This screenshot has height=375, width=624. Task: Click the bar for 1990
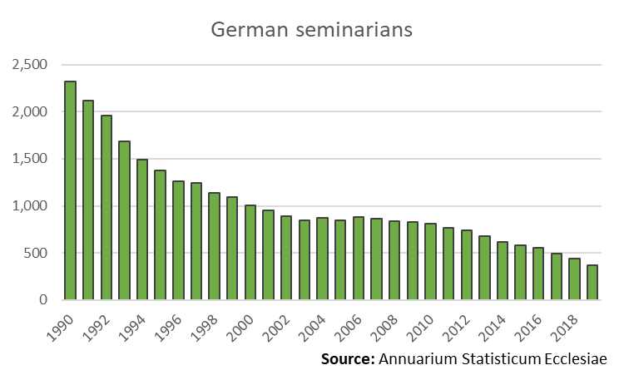pyautogui.click(x=70, y=190)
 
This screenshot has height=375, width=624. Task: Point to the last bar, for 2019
pyautogui.click(x=592, y=283)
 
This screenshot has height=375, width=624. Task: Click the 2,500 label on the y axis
pyautogui.click(x=30, y=65)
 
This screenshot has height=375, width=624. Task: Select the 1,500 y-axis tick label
pyautogui.click(x=30, y=159)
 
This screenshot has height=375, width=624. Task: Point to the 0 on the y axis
pyautogui.click(x=43, y=300)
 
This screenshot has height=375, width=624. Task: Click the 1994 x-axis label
pyautogui.click(x=133, y=323)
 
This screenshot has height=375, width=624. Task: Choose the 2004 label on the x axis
pyautogui.click(x=313, y=323)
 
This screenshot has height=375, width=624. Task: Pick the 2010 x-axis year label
pyautogui.click(x=421, y=323)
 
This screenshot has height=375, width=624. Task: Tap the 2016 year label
pyautogui.click(x=529, y=323)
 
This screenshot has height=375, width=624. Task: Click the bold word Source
pyautogui.click(x=347, y=359)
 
